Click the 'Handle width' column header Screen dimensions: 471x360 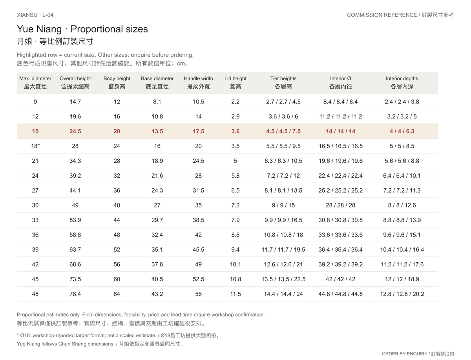pos(198,83)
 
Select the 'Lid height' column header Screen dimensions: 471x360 pos(235,83)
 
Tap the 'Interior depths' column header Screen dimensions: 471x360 pos(402,83)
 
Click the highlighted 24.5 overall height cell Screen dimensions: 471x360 pos(75,131)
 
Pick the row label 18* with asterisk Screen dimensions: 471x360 pos(35,146)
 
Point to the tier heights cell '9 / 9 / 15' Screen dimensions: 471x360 pos(283,205)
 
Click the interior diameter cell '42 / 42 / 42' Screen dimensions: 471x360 pos(340,279)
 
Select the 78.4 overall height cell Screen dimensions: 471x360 pos(75,294)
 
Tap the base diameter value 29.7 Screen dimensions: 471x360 pos(157,220)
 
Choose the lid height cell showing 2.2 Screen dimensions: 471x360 pos(235,102)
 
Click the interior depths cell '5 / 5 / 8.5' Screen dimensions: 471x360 pos(402,146)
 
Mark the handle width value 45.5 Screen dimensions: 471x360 pos(198,249)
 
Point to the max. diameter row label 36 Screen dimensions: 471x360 pos(35,235)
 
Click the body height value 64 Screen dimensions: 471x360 pos(117,294)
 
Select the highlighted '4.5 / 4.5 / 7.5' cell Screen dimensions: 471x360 pos(283,131)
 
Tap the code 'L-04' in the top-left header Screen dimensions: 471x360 pos(47,15)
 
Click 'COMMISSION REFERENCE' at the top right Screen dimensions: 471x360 pos(382,15)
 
